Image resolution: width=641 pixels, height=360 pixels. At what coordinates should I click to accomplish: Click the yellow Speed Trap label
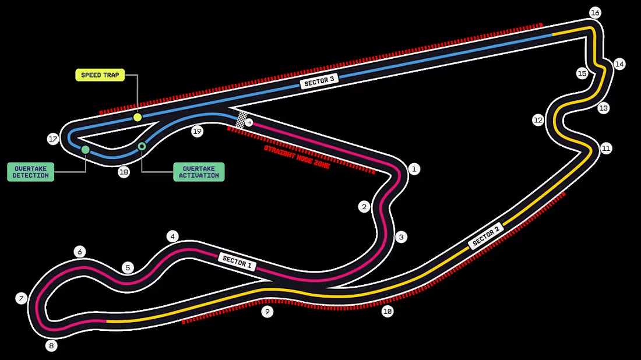100,75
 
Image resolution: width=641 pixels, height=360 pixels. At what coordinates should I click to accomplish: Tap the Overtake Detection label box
30,172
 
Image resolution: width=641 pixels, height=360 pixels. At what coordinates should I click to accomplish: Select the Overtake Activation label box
199,172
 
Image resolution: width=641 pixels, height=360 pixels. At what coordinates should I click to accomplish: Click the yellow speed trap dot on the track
138,118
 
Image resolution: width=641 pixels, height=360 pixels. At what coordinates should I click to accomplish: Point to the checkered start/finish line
242,119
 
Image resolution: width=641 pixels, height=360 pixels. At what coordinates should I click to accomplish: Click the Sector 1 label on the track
237,262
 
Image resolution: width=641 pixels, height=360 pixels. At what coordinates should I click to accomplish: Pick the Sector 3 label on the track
319,82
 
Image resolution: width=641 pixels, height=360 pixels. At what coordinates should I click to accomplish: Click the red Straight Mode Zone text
297,157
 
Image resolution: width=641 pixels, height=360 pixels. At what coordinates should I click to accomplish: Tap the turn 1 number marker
414,169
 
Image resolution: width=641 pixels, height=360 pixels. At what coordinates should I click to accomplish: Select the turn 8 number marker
51,346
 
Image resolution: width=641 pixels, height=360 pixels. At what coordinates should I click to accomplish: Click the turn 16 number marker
594,12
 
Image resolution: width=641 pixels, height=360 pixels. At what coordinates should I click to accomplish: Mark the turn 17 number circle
54,139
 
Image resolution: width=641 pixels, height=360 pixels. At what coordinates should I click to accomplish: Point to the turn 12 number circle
538,120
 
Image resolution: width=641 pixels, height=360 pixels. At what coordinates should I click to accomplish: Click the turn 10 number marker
387,312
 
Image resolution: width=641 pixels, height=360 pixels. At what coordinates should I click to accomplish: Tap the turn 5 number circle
128,268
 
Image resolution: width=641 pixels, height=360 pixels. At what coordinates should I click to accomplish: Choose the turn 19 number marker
197,132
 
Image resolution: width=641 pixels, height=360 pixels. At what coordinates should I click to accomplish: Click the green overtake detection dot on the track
86,150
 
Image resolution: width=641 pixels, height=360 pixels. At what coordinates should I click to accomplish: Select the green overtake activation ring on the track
142,146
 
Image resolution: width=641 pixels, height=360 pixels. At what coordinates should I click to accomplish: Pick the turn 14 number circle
619,63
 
